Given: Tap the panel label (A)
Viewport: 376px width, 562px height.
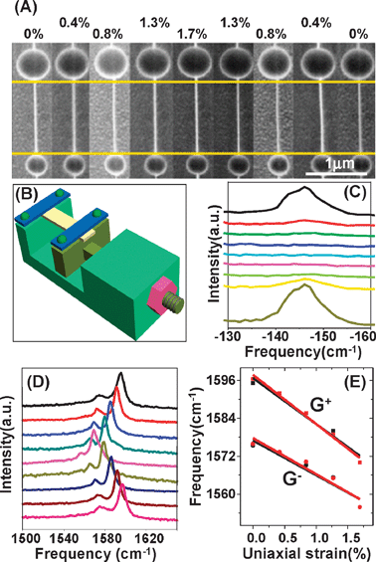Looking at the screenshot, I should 19,10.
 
